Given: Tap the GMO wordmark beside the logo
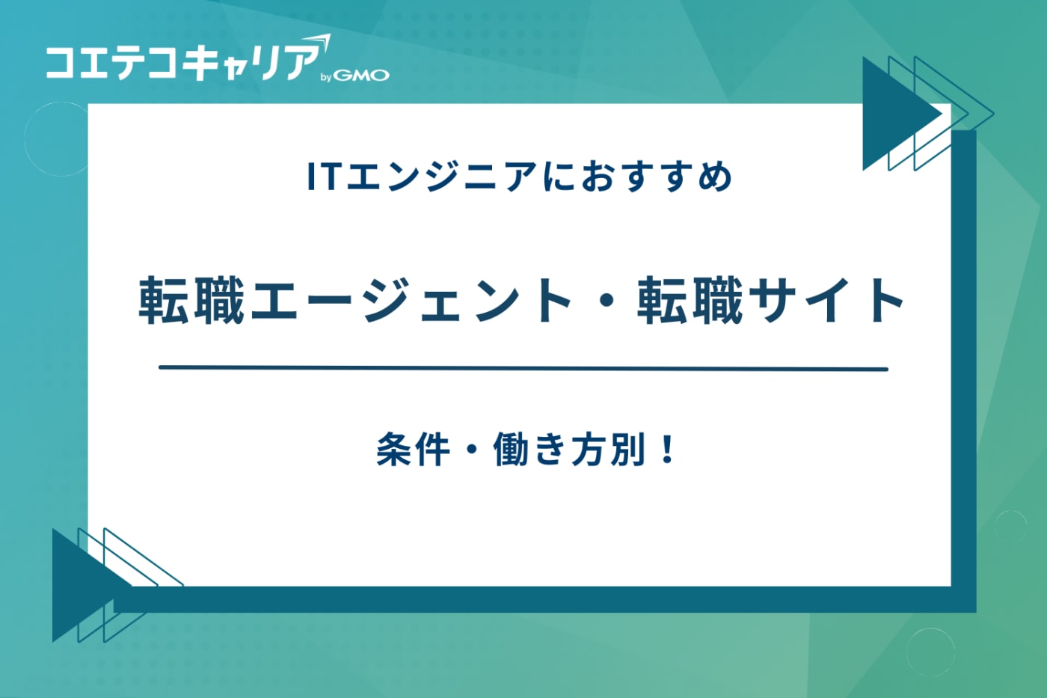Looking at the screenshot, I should coord(361,76).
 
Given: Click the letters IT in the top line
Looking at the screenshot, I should coord(323,177).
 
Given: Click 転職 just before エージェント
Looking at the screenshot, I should coord(192,300).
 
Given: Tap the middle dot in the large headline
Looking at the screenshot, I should coord(605,301).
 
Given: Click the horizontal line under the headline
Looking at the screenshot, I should coord(523,368).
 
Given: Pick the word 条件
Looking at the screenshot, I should coord(413,450).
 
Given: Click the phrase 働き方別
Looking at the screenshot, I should coord(569,450).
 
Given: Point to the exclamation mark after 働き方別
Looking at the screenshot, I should coord(669,450).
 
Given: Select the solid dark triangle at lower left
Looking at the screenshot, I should coord(79,584).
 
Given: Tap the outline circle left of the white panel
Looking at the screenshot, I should coord(57,139).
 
